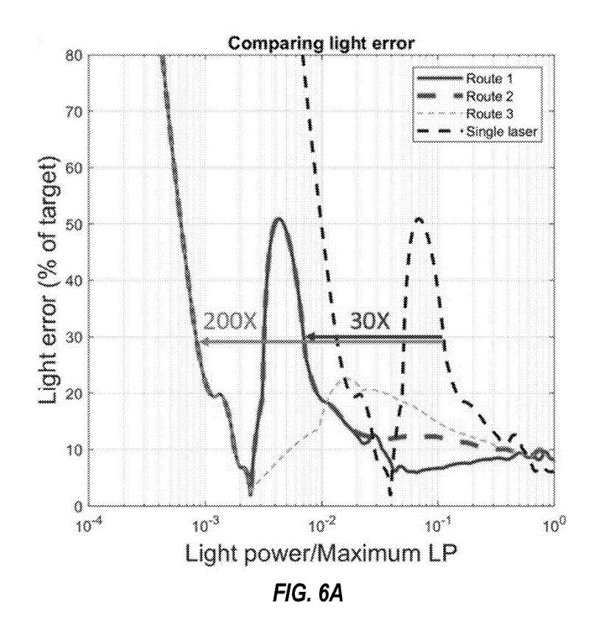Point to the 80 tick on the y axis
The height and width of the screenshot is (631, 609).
(x=72, y=55)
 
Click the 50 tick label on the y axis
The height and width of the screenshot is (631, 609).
(x=72, y=224)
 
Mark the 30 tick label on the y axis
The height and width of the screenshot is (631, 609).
(x=72, y=337)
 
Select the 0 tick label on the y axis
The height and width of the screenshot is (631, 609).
(x=75, y=506)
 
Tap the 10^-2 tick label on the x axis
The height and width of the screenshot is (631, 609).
(x=322, y=526)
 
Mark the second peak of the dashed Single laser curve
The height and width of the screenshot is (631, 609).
(x=419, y=219)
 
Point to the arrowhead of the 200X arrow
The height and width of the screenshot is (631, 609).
(x=200, y=341)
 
